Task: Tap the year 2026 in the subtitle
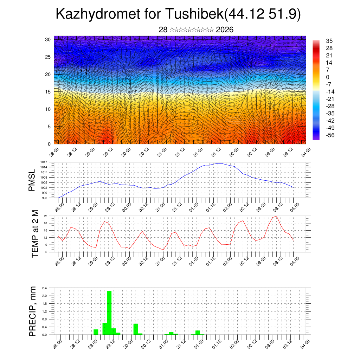tap(225, 30)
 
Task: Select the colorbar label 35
tap(329, 41)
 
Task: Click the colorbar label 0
tap(328, 77)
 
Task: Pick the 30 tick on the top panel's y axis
tap(48, 39)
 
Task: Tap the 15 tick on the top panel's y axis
tap(48, 92)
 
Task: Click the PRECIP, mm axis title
tap(33, 311)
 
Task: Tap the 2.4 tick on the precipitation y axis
tap(45, 288)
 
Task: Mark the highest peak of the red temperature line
tap(277, 216)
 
